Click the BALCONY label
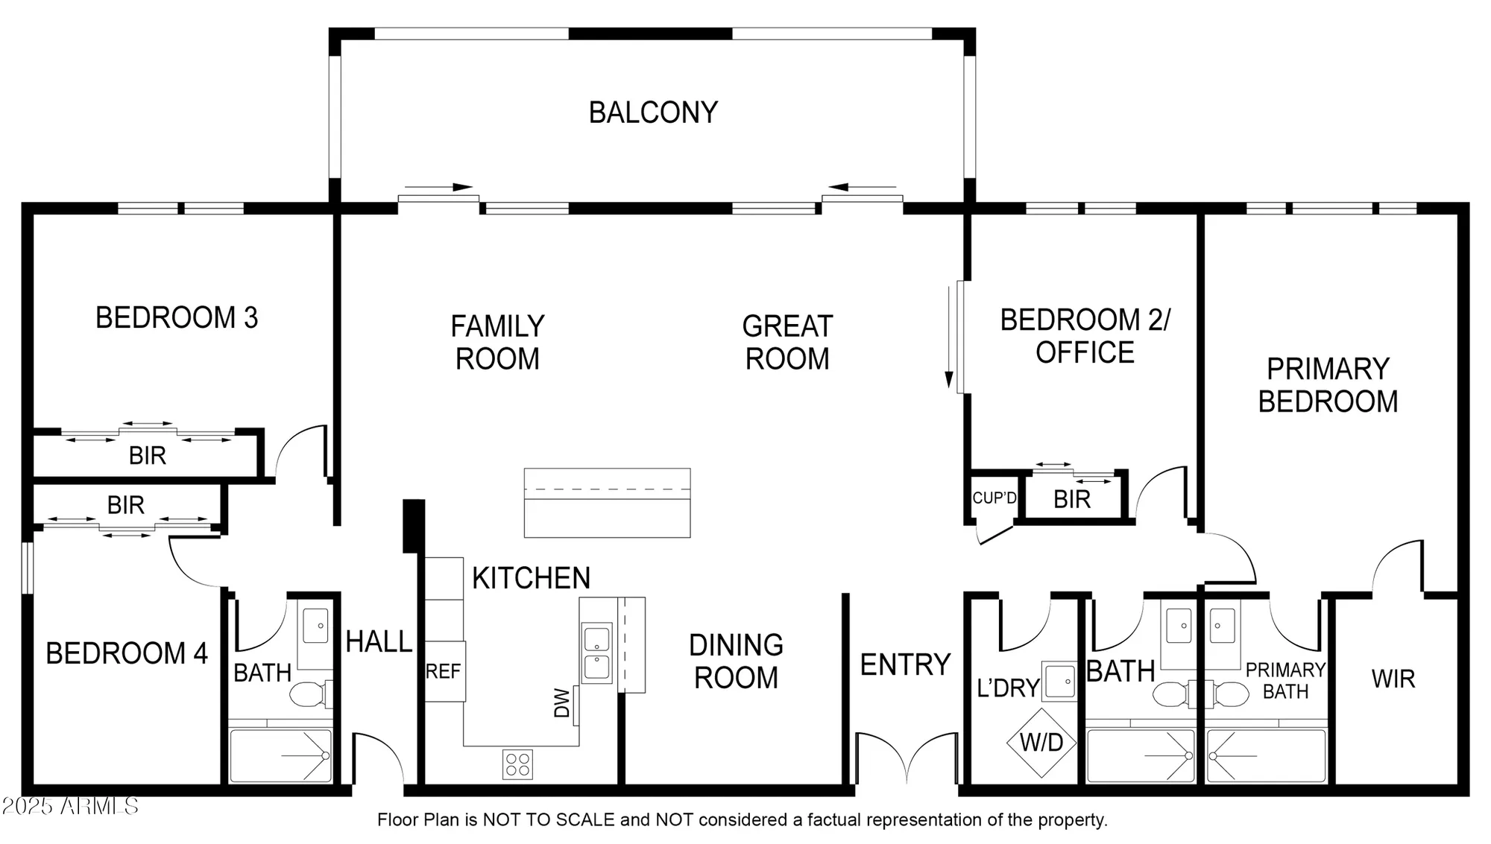click(653, 112)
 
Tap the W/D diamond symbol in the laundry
click(1041, 742)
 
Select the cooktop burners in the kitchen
click(517, 764)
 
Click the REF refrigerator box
click(444, 671)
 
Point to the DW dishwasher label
click(562, 702)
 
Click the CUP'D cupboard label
click(994, 498)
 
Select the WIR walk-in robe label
click(1393, 679)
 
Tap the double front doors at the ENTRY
click(907, 756)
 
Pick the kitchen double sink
click(596, 653)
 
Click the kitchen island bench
click(607, 502)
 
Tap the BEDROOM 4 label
click(127, 653)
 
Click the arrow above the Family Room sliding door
click(439, 187)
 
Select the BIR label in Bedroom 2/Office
click(1072, 499)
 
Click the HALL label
click(379, 641)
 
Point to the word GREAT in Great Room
click(787, 326)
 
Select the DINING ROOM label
click(736, 661)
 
